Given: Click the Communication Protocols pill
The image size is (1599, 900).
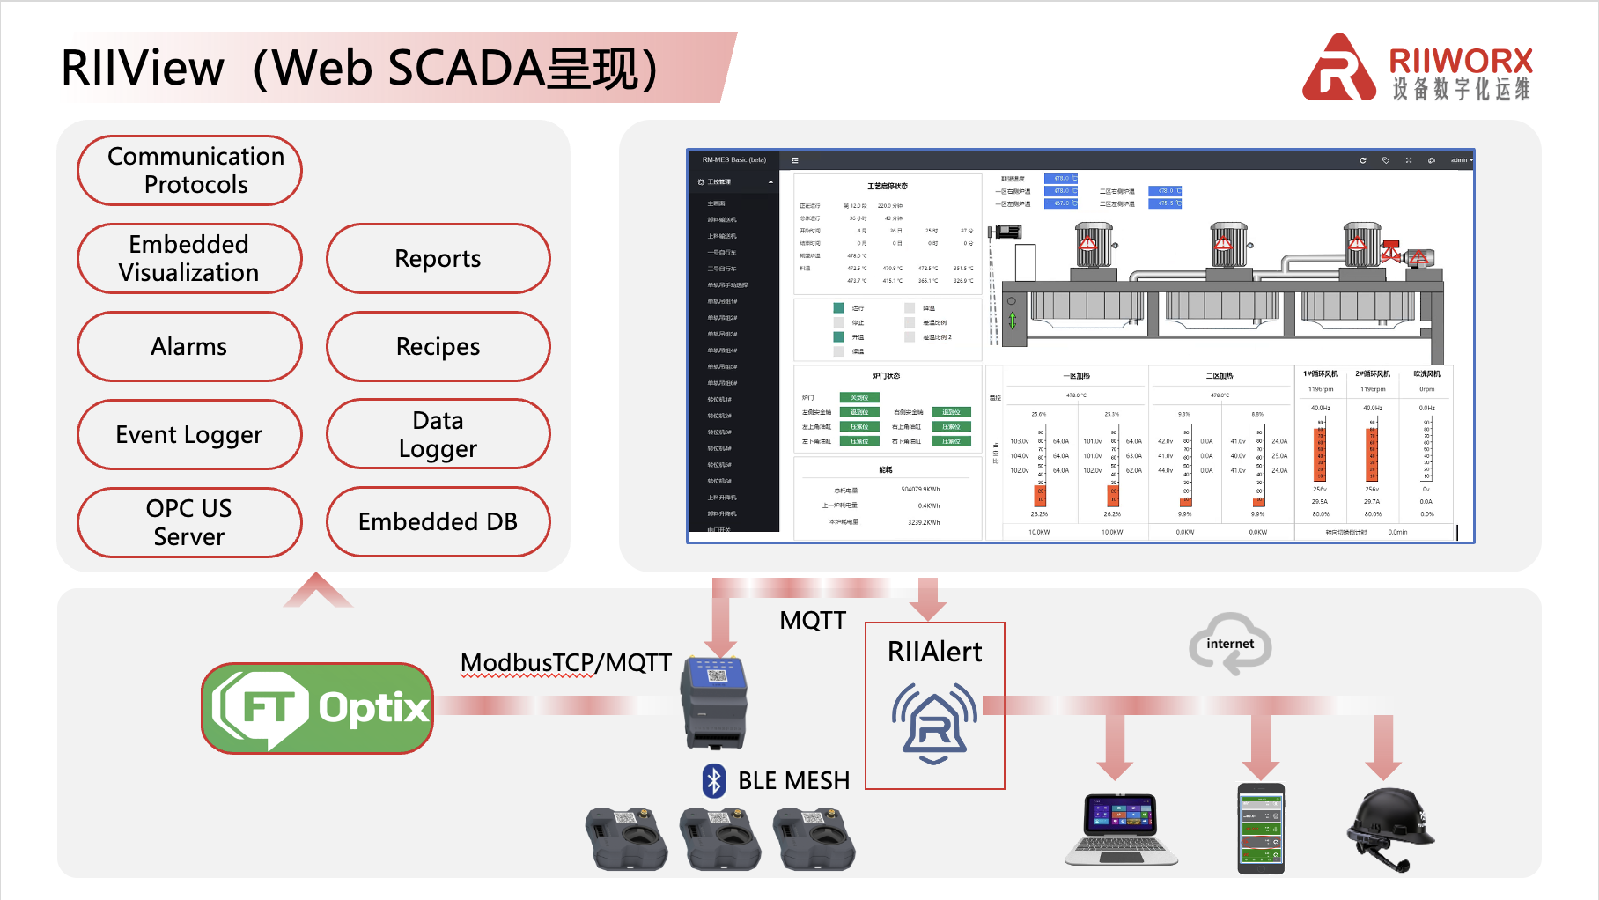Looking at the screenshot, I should click(189, 170).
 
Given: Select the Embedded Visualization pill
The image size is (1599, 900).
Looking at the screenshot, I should click(189, 258).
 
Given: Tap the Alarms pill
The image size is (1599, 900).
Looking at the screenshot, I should click(189, 346).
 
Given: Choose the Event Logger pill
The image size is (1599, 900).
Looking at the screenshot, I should click(189, 434).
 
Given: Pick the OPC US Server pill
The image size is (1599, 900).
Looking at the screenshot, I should click(189, 522).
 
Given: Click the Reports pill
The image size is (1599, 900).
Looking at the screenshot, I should click(438, 258).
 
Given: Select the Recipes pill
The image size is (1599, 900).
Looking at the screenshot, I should click(438, 346).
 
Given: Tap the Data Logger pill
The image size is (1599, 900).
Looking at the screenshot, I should click(438, 434).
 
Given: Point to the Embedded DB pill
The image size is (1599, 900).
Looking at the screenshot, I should click(438, 521).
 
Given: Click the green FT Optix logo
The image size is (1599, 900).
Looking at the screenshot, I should click(318, 708).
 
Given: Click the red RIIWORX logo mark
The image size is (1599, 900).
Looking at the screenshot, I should click(1338, 68).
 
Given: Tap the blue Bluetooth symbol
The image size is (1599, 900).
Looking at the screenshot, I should click(714, 780).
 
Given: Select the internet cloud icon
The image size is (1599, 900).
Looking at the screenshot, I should click(1230, 645).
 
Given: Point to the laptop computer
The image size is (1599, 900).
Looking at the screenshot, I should click(1121, 829).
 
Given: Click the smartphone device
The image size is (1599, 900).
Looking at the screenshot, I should click(1261, 828).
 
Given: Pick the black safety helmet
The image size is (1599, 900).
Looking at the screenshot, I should click(1389, 829).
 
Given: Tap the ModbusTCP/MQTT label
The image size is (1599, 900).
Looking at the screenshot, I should click(566, 662).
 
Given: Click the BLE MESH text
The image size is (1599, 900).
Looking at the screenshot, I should click(793, 781).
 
